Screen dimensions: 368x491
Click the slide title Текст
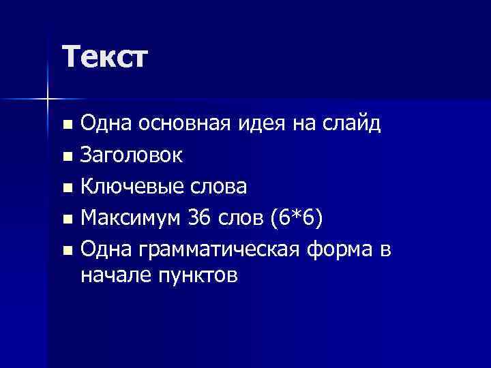[104, 57]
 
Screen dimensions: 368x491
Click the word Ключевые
[128, 187]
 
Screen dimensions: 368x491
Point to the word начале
[109, 276]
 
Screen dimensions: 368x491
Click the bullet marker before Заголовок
[66, 157]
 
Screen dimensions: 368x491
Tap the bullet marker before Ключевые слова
[66, 188]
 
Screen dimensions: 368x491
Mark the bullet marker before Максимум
[66, 219]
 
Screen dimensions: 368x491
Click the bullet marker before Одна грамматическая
[66, 251]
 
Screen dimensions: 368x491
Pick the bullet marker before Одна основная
[66, 125]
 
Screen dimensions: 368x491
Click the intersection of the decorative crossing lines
[48, 100]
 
